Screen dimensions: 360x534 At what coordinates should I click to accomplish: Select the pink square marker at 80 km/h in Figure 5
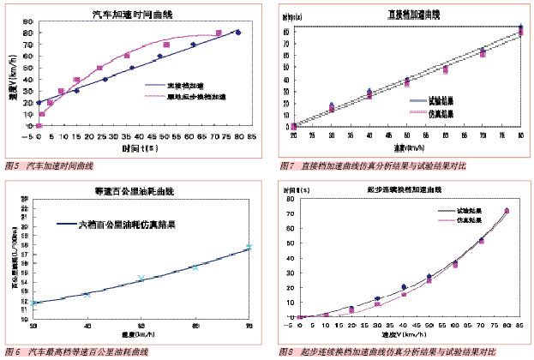click(219, 33)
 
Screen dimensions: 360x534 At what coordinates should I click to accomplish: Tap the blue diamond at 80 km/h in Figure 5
click(238, 33)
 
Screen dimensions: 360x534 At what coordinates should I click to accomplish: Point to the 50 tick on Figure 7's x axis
click(406, 135)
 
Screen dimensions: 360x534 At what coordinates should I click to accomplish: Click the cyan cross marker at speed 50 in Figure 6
click(141, 278)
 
